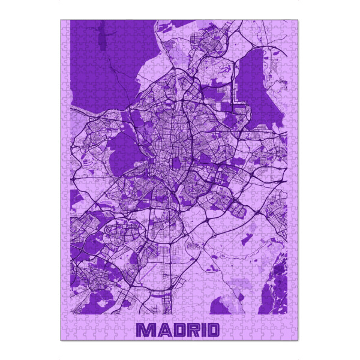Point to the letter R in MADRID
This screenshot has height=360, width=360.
tap(190, 330)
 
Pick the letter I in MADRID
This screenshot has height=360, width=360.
tap(200, 330)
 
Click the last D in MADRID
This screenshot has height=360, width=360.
tap(211, 330)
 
